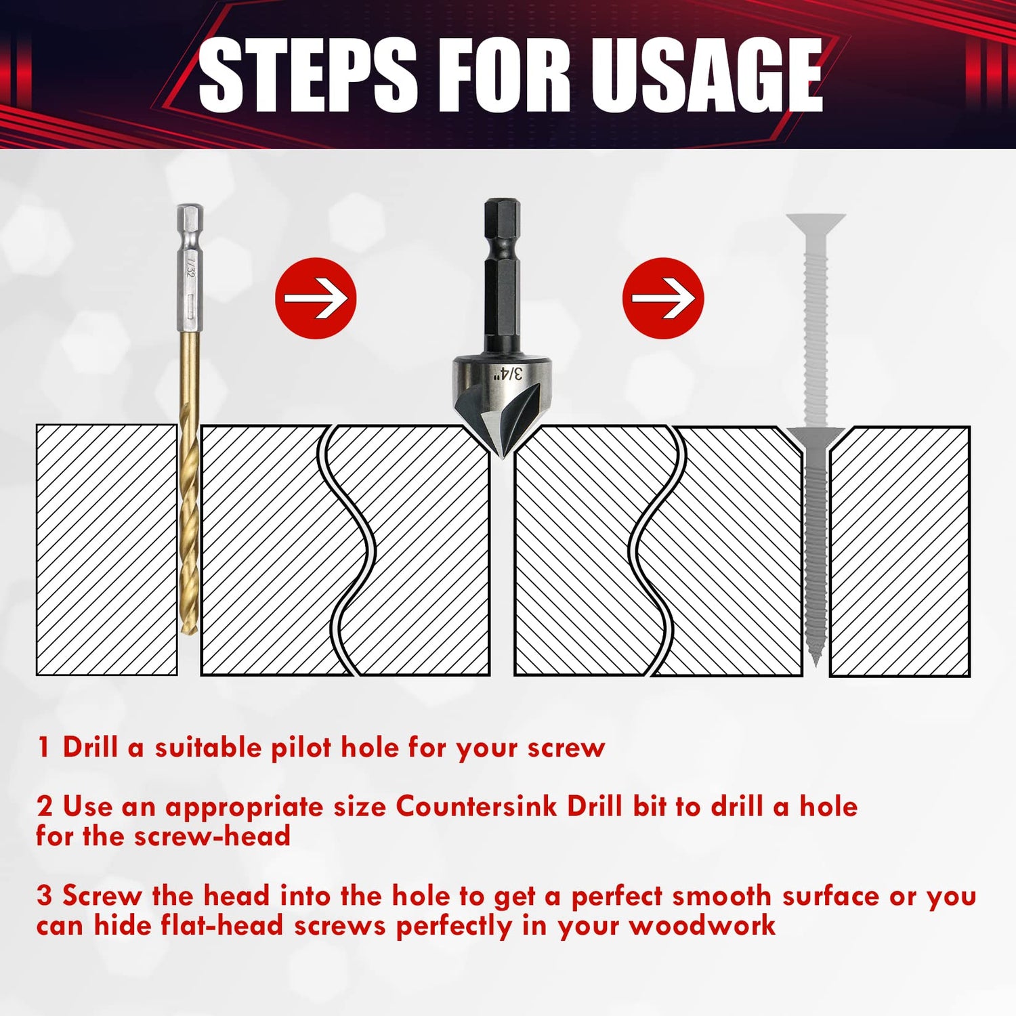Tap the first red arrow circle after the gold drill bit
(x=316, y=298)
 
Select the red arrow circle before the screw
(x=663, y=298)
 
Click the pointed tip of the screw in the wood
(x=816, y=657)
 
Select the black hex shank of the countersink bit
(x=502, y=278)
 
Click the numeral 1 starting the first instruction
(x=44, y=748)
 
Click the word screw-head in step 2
(x=212, y=837)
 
